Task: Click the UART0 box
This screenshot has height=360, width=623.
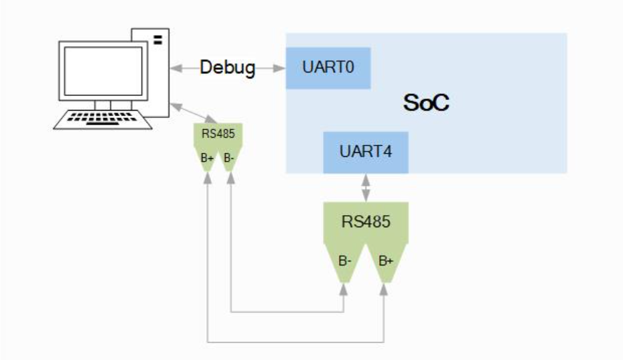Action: (328, 68)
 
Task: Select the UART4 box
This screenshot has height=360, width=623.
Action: (366, 151)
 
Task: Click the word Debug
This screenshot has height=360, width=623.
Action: (228, 68)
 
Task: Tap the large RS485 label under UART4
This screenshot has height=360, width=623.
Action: (366, 221)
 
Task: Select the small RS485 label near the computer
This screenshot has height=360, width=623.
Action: (218, 133)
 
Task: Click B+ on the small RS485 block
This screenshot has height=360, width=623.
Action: (207, 158)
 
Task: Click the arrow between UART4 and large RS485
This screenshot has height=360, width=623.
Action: (366, 188)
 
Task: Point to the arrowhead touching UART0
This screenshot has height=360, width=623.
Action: (281, 68)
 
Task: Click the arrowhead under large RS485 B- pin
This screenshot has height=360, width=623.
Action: (344, 288)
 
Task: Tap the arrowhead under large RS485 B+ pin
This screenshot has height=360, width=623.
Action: (385, 288)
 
